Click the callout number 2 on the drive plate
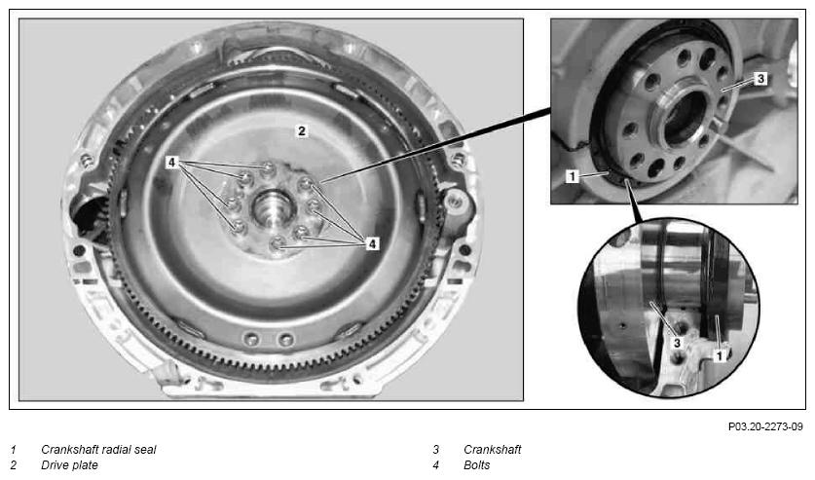click(x=302, y=130)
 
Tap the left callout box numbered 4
click(x=172, y=163)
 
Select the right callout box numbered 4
click(x=372, y=243)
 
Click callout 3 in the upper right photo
click(x=760, y=79)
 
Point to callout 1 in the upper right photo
click(x=573, y=176)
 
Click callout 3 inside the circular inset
click(x=677, y=343)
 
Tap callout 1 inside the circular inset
click(x=720, y=355)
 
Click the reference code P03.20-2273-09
click(x=765, y=426)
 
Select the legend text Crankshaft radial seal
click(x=98, y=450)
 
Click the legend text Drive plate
click(x=69, y=465)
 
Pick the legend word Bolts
click(x=476, y=465)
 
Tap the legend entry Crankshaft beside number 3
click(x=493, y=450)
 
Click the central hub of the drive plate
click(x=274, y=207)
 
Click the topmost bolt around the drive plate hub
click(x=268, y=168)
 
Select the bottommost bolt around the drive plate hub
click(x=278, y=242)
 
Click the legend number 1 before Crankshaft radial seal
click(x=14, y=450)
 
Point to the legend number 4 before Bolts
click(x=435, y=465)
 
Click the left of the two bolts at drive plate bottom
click(x=252, y=340)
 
